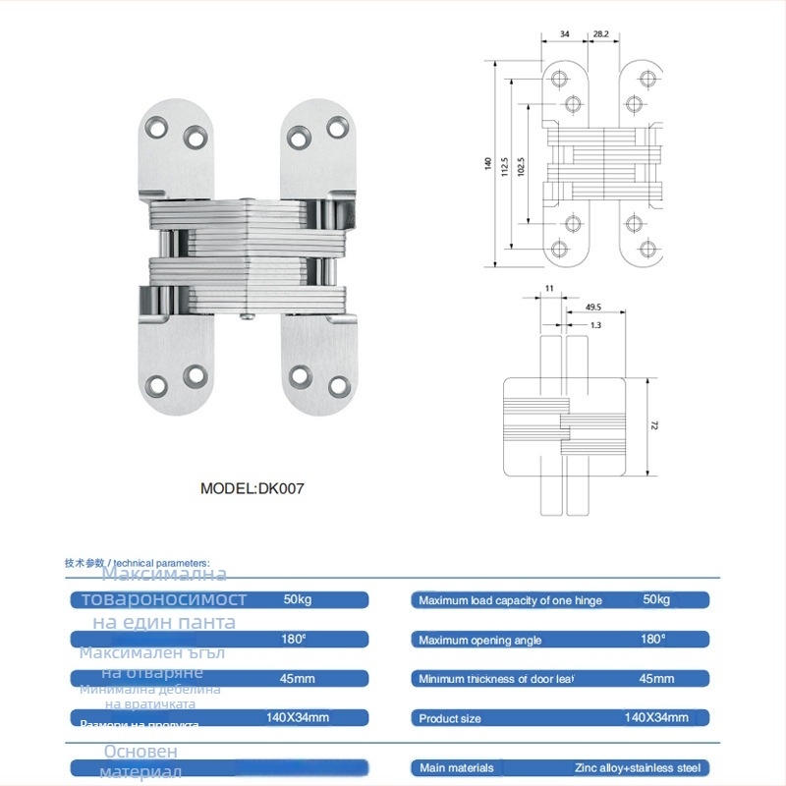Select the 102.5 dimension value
coord(522,169)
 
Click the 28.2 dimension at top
coord(599,33)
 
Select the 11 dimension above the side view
coord(548,288)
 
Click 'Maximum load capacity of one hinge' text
coord(510,600)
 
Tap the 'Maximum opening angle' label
coord(479,641)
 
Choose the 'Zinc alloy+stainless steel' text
coord(638,768)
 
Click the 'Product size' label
coord(450,718)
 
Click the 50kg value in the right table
coord(655,599)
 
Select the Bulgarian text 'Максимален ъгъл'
coord(152,653)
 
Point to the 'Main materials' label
coord(454,768)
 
